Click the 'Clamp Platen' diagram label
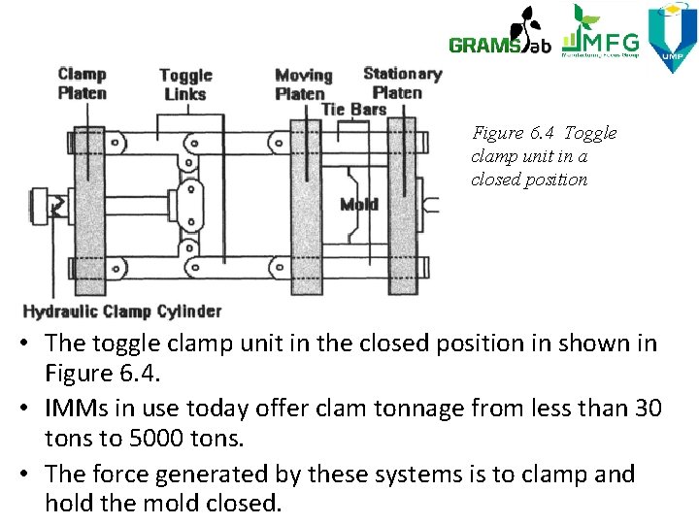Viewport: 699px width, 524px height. [x=82, y=83]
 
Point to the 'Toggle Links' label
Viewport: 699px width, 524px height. [x=185, y=84]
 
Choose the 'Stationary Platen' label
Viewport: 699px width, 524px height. [x=401, y=82]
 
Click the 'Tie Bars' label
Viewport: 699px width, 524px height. [x=353, y=110]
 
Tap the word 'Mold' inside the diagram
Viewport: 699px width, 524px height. [x=359, y=204]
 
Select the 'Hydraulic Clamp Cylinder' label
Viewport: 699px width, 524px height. [x=122, y=311]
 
